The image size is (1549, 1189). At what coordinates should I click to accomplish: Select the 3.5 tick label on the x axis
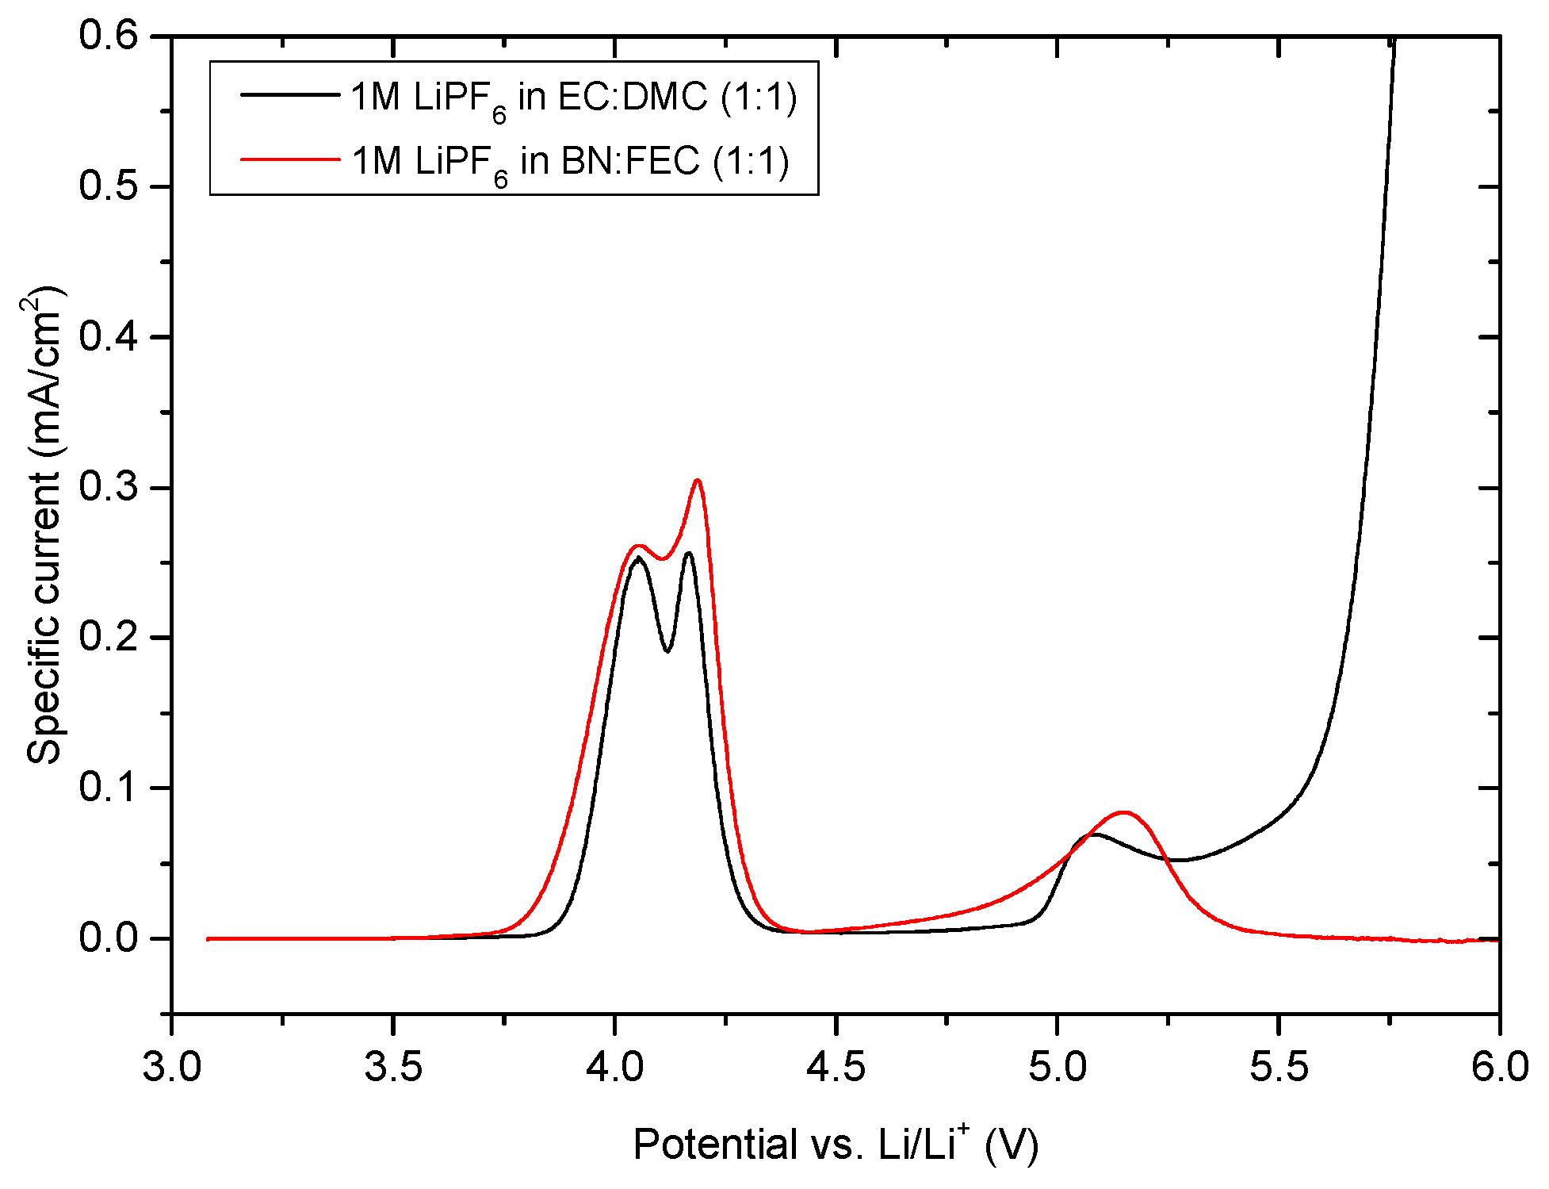point(392,1067)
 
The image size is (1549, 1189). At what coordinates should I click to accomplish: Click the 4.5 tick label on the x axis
point(836,1067)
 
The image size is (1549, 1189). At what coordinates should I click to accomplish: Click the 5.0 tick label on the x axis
point(1057,1067)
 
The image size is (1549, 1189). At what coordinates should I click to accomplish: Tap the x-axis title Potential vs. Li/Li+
point(836,1144)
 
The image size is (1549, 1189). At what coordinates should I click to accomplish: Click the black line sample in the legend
point(289,94)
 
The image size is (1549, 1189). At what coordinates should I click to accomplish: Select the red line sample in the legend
point(289,159)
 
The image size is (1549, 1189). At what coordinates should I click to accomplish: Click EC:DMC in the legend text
point(633,97)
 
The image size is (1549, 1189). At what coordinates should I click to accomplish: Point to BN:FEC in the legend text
point(631,161)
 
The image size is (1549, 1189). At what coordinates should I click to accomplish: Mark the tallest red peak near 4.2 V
point(698,481)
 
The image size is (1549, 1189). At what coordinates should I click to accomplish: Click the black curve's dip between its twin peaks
point(667,651)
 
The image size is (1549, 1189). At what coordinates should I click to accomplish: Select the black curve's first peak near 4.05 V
point(638,558)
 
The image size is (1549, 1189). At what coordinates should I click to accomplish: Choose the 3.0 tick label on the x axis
point(172,1067)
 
